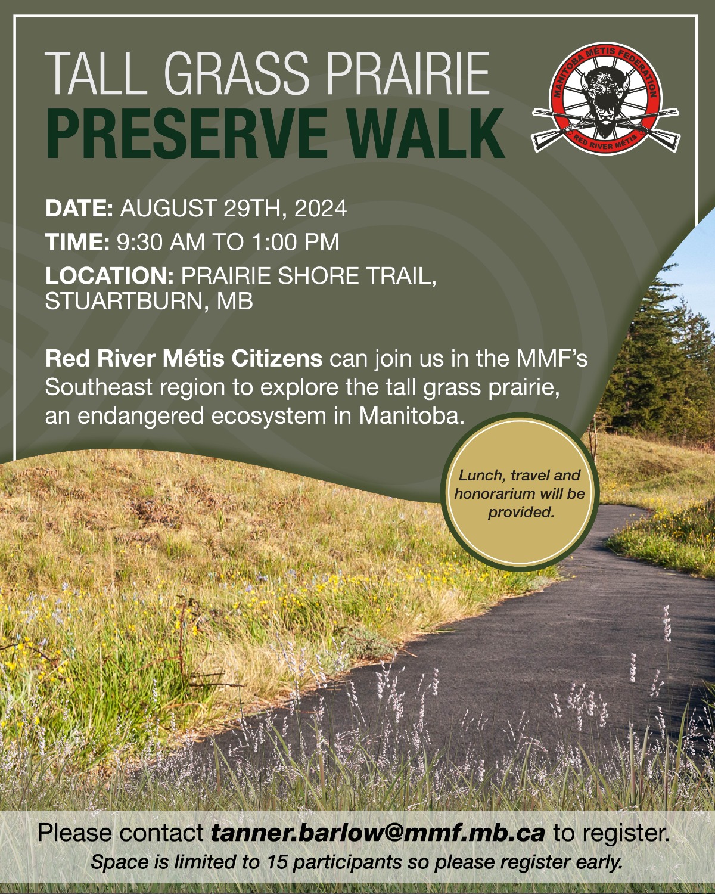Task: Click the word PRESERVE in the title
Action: (x=186, y=134)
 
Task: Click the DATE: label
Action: (x=79, y=208)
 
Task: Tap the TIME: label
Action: (x=77, y=242)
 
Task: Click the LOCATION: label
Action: (x=109, y=275)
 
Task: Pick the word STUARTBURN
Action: (x=124, y=301)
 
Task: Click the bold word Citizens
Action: (x=276, y=359)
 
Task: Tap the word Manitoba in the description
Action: (x=411, y=415)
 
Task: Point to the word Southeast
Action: (x=99, y=387)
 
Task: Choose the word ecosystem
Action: (x=268, y=416)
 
